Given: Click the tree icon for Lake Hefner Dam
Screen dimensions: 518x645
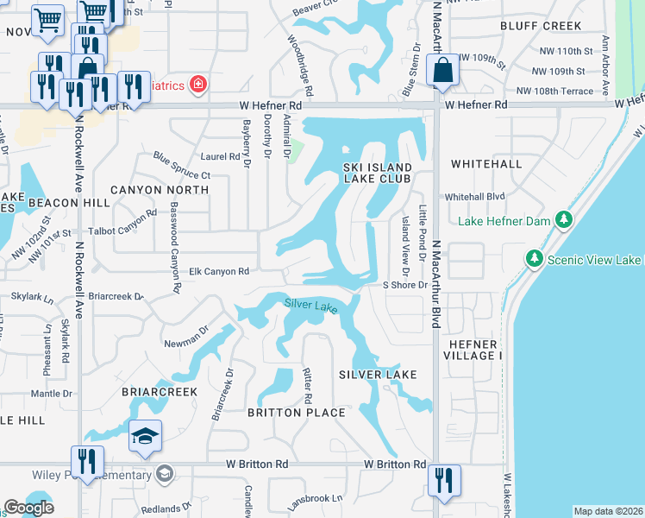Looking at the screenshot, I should [564, 221].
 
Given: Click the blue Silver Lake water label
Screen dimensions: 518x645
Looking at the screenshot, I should [311, 305].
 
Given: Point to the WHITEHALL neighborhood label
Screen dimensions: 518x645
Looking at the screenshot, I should [485, 164].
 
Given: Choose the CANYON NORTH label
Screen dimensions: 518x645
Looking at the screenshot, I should [159, 189].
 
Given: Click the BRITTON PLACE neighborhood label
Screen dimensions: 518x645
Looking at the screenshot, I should [296, 413].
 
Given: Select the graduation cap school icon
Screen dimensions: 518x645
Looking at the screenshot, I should [145, 437].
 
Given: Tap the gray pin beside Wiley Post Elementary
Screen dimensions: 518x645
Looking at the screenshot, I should [164, 473].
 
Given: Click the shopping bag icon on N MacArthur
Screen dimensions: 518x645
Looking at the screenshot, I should [442, 73].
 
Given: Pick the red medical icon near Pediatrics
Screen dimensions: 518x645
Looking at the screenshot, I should [197, 84].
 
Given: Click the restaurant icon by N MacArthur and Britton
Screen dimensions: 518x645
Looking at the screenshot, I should [443, 479].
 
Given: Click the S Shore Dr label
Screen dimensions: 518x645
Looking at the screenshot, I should [405, 285].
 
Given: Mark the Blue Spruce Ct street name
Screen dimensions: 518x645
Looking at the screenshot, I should [182, 167].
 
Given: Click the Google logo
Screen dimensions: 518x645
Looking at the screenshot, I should [29, 508].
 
